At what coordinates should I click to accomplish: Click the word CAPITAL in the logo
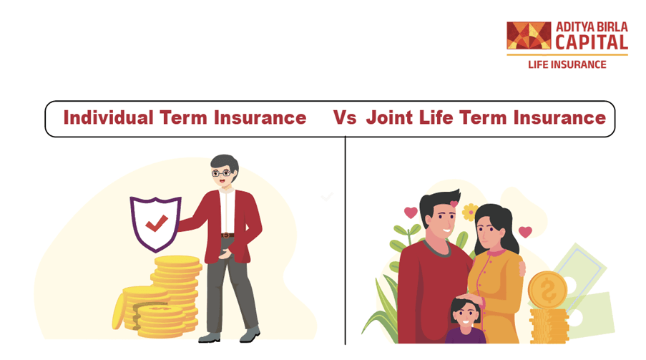591,42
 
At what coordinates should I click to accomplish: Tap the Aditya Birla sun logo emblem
529,36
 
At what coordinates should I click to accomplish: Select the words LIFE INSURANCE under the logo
567,64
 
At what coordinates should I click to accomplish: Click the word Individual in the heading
108,117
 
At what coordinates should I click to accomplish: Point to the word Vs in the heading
344,117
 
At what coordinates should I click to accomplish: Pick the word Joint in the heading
389,117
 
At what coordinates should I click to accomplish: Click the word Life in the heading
436,117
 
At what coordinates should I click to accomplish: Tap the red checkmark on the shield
157,223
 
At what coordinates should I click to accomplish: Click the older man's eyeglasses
222,172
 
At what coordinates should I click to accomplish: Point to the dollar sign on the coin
547,289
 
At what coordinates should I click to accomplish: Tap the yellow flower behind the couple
470,212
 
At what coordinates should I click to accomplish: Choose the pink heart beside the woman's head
525,232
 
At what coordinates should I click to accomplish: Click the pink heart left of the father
411,213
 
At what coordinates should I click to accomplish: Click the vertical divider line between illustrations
346,240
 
